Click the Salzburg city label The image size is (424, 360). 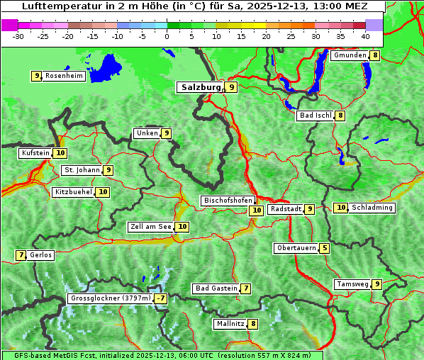[x=201, y=87]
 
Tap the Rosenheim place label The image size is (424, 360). [x=64, y=76]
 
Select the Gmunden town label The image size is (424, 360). [x=350, y=55]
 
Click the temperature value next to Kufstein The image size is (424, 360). [x=60, y=152]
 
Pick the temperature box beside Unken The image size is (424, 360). [x=166, y=133]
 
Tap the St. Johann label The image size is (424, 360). [x=81, y=170]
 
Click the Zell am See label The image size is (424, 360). [x=150, y=227]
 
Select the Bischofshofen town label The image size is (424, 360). [x=228, y=201]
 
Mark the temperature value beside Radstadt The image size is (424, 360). [x=309, y=209]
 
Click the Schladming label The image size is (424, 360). [x=372, y=208]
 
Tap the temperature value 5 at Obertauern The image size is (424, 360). [x=324, y=248]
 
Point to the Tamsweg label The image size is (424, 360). [x=352, y=284]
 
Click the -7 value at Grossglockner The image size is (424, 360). [x=161, y=298]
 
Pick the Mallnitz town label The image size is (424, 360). [x=230, y=324]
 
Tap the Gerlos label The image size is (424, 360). [x=41, y=255]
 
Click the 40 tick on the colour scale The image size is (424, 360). [x=365, y=35]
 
